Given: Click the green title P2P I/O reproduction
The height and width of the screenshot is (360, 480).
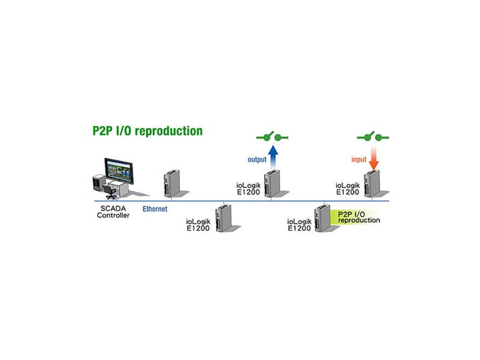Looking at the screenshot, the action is (x=148, y=131).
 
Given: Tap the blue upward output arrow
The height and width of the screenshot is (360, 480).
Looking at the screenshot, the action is (x=274, y=157).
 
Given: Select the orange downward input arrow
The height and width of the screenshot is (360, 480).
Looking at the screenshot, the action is (x=373, y=158).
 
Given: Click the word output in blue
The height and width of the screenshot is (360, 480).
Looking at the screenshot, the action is (x=257, y=160).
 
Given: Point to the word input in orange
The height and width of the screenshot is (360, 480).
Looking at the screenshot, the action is (x=359, y=160).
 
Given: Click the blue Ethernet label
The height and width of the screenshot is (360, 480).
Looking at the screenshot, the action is (x=155, y=209).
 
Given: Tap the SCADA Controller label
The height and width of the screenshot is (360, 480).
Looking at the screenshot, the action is (x=113, y=212).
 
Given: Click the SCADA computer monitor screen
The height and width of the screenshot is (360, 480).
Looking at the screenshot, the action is (x=119, y=171).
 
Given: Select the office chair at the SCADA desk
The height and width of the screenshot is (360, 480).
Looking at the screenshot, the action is (x=110, y=191).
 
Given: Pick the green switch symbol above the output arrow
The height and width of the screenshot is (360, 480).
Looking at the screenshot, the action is (x=272, y=137).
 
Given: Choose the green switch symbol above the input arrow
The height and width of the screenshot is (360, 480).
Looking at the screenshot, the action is (x=373, y=137).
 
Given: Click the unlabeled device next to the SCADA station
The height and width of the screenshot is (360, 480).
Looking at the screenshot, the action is (x=172, y=183).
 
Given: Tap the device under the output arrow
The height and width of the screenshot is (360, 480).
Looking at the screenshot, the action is (x=272, y=183).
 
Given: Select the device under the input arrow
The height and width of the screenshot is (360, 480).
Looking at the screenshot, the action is (x=371, y=183).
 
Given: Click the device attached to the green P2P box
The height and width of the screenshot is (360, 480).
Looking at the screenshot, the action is (x=322, y=218).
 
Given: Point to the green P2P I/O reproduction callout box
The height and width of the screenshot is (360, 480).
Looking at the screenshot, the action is (x=355, y=217).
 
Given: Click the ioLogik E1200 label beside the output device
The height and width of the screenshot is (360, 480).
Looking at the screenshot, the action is (x=248, y=189).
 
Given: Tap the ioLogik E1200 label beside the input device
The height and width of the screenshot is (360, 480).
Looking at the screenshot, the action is (x=348, y=189).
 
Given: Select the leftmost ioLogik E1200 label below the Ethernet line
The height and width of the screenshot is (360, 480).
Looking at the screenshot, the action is (x=199, y=224).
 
